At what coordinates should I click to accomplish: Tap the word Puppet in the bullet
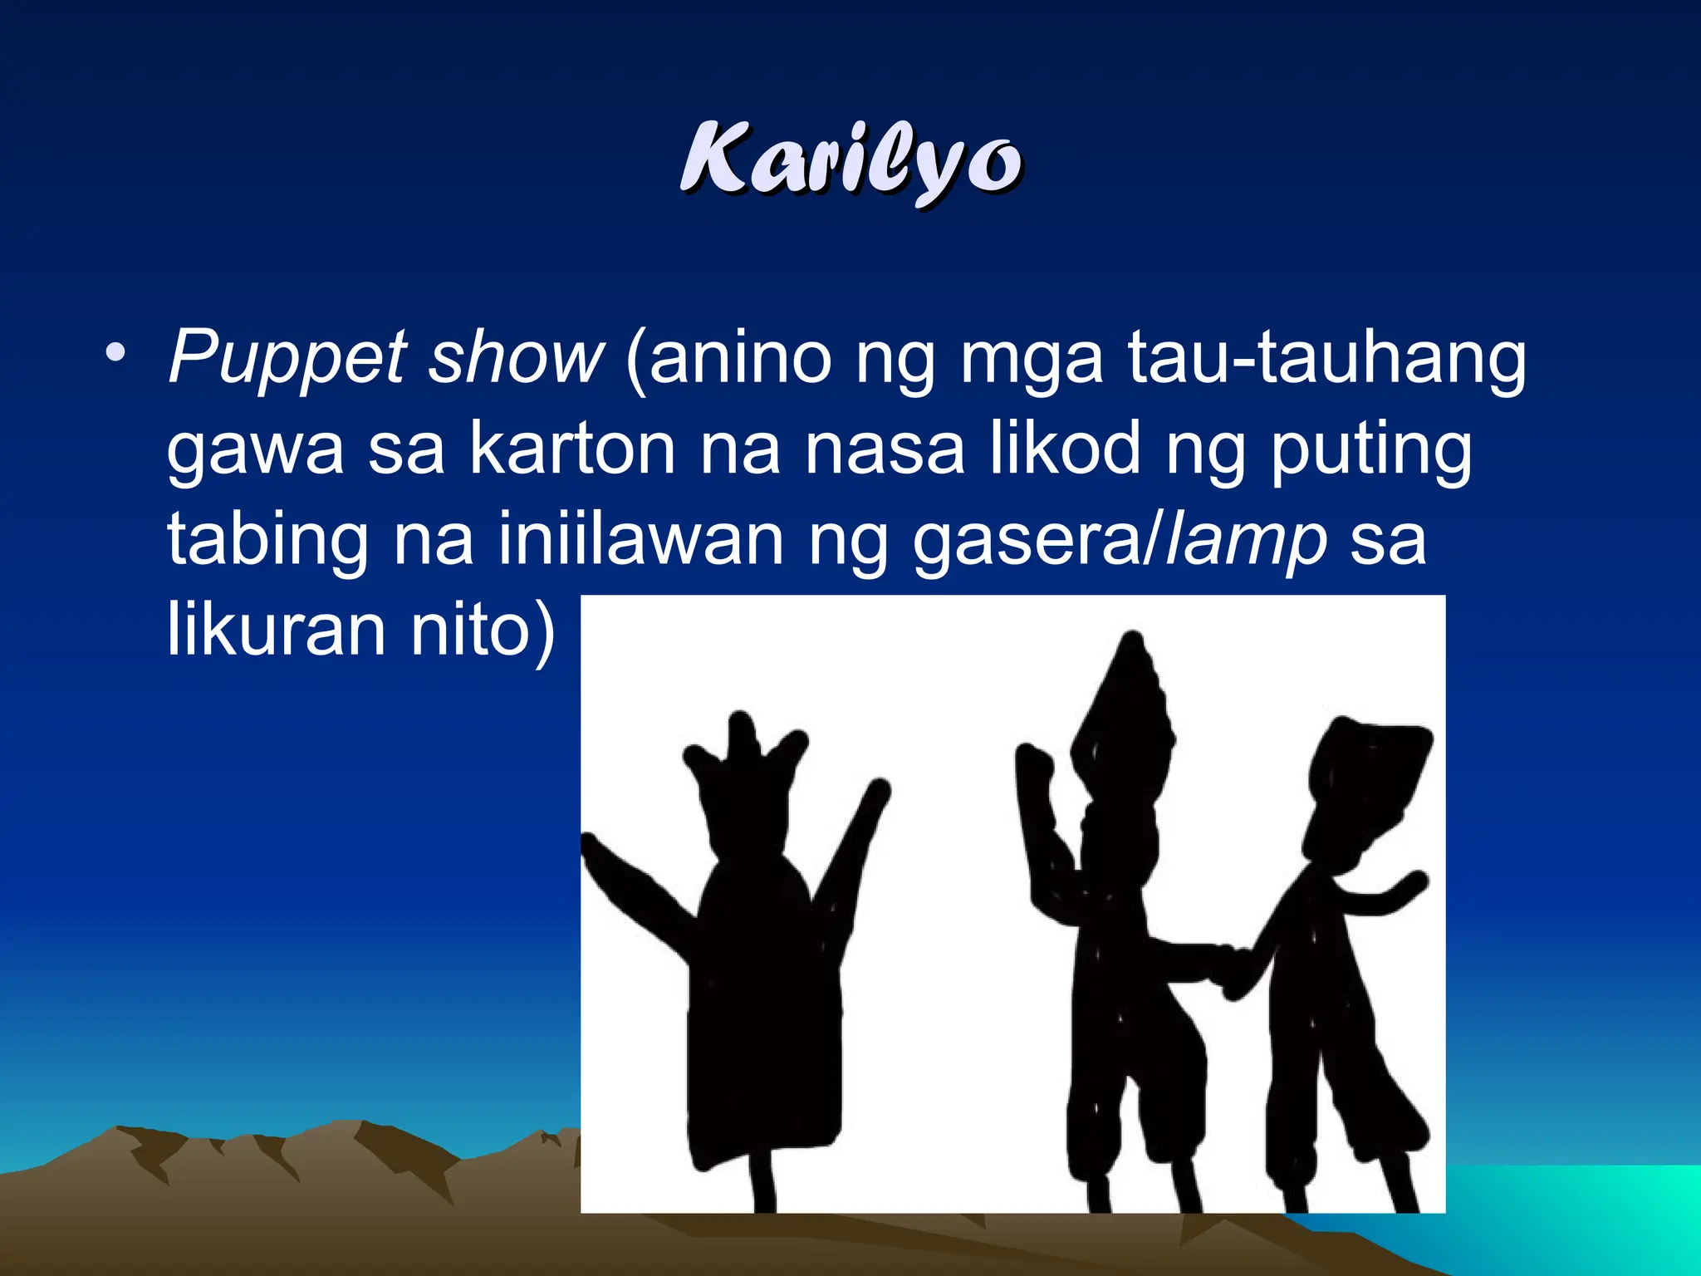tap(287, 359)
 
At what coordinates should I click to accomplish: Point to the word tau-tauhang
tap(1326, 359)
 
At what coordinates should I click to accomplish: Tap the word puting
tap(1371, 451)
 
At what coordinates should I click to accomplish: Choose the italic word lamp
tap(1246, 542)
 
